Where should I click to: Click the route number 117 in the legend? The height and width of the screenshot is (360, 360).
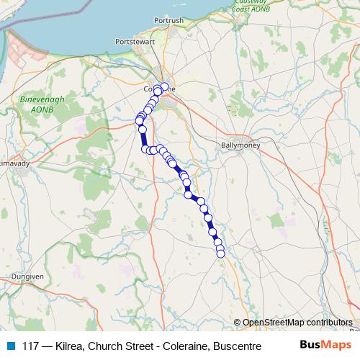[31, 345]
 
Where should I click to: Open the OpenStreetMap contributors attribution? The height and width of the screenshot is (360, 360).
[297, 323]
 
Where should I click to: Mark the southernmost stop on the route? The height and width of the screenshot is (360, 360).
[220, 253]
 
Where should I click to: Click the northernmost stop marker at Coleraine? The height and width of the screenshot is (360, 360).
[165, 87]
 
